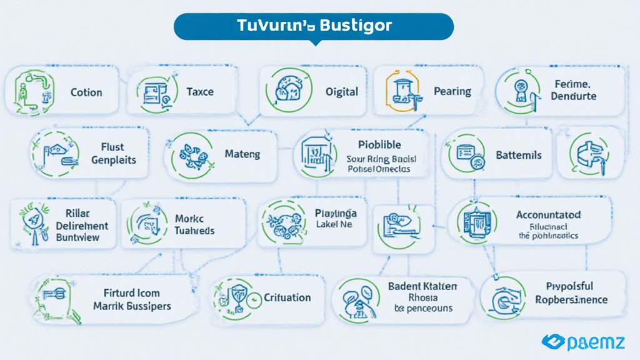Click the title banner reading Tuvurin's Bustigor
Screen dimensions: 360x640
[314, 26]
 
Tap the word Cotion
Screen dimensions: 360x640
[86, 92]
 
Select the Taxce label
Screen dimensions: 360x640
[200, 92]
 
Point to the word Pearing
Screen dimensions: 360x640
[452, 92]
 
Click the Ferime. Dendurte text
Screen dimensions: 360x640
[574, 90]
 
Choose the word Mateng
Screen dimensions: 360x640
[242, 154]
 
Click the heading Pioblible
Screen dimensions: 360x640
[380, 145]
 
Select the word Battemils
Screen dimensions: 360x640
[518, 154]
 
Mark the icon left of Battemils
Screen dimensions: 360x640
[467, 153]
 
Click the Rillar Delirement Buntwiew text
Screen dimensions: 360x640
[82, 225]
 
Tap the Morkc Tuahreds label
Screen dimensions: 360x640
[194, 225]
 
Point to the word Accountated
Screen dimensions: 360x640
[549, 215]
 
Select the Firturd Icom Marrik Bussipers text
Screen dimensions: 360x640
[132, 299]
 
